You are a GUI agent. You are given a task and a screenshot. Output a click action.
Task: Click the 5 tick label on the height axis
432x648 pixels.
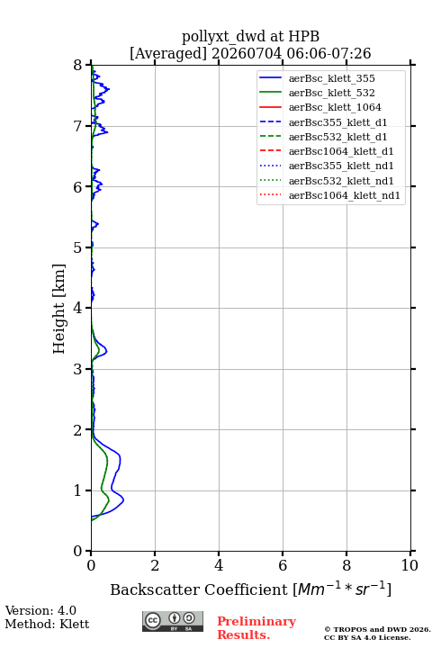(x=78, y=247)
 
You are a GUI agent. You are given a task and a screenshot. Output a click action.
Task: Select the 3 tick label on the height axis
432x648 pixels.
(x=78, y=369)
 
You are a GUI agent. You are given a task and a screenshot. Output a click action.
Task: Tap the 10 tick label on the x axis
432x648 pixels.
(x=409, y=565)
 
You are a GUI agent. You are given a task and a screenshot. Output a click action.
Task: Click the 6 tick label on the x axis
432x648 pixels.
(x=283, y=565)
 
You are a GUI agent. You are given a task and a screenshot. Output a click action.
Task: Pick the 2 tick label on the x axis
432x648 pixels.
(x=155, y=565)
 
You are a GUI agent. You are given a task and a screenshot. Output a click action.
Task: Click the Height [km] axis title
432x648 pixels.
(x=58, y=309)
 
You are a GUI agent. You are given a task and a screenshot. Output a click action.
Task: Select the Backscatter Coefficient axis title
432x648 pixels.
(x=250, y=589)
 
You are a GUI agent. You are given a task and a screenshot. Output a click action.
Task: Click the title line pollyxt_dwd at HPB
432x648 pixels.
(x=250, y=36)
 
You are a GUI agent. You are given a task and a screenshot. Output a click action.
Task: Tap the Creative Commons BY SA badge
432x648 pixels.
(x=173, y=621)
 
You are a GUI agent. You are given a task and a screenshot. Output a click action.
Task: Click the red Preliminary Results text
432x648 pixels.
(x=256, y=628)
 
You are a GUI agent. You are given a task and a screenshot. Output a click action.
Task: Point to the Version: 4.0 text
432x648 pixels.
(x=40, y=610)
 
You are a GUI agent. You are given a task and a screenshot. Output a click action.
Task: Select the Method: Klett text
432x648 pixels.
(x=47, y=624)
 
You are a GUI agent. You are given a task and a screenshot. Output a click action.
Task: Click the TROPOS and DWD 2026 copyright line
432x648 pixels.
(x=377, y=630)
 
